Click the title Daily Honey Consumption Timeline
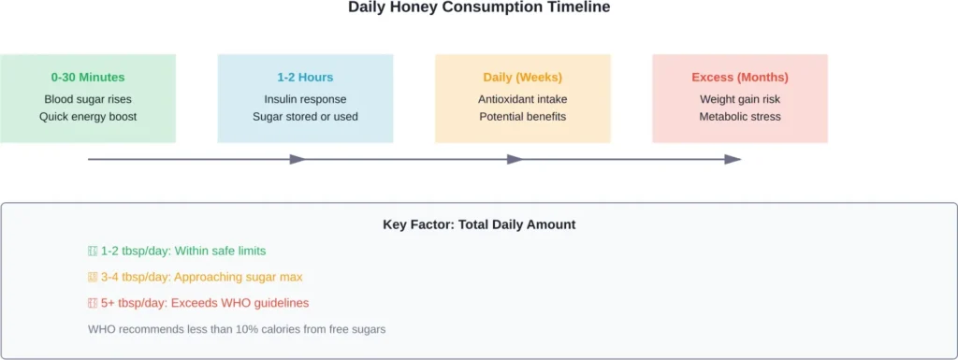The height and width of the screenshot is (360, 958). pos(479,7)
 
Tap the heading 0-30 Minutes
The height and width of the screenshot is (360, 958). pos(88,78)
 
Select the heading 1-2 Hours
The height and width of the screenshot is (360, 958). pos(305,78)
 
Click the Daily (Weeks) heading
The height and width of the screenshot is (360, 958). pos(523,78)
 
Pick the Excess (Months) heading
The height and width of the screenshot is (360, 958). pos(740,78)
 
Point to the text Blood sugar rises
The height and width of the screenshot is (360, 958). pos(88,99)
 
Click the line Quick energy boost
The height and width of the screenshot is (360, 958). pos(88,117)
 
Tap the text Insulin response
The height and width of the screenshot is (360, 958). pos(305,99)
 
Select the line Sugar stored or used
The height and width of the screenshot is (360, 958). pos(305,117)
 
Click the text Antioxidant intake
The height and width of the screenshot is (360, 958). pos(523,99)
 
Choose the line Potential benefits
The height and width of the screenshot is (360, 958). pos(523,117)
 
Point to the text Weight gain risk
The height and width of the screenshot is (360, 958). pos(740,99)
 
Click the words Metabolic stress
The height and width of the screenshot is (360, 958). pos(740,117)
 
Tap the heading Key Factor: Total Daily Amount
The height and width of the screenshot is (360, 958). pos(479,224)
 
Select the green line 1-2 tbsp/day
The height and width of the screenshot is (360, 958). pos(177,251)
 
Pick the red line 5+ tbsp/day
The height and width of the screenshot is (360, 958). pos(197,303)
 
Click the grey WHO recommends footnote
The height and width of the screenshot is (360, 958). pos(237,329)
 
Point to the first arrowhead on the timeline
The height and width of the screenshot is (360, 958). pos(298,159)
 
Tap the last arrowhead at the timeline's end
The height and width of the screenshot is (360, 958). pos(733,159)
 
